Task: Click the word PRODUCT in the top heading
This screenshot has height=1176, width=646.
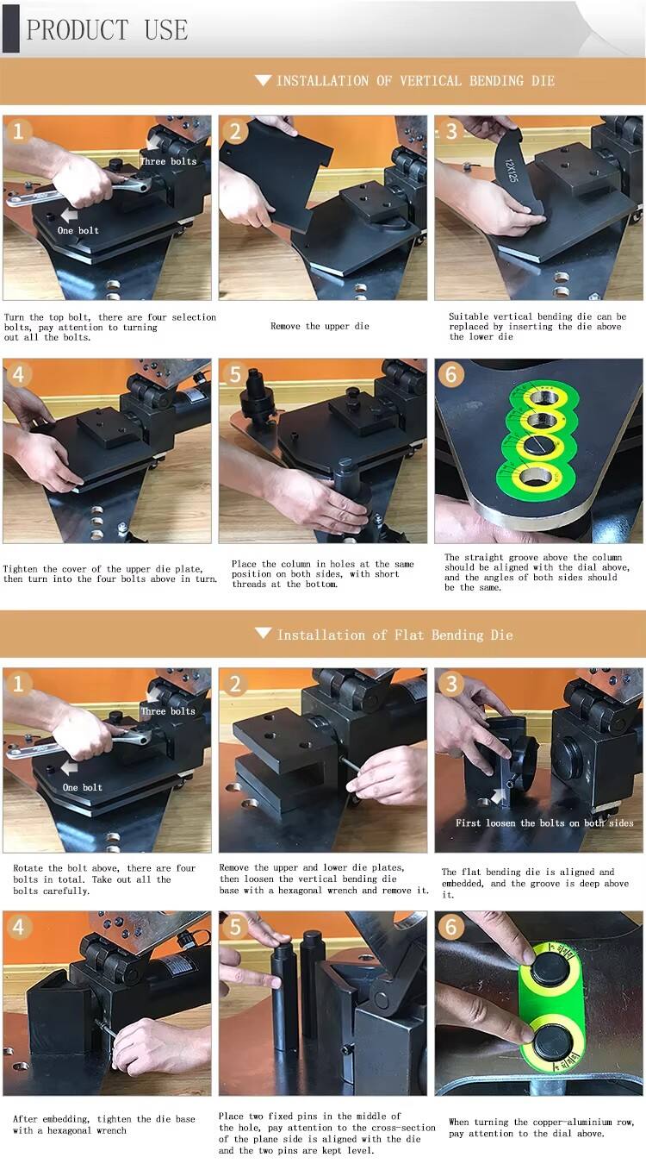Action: click(x=77, y=29)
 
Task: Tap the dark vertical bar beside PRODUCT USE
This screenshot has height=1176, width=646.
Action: click(x=11, y=28)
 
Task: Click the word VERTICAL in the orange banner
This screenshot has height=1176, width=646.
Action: click(x=431, y=81)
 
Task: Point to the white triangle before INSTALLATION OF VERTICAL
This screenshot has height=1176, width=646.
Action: click(x=263, y=80)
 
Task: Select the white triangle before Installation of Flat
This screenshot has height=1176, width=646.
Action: click(x=264, y=633)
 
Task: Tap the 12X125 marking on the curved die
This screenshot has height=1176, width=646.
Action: click(x=512, y=171)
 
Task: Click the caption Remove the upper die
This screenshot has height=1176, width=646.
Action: click(x=320, y=326)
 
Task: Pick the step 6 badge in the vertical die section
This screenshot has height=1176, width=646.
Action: click(x=451, y=375)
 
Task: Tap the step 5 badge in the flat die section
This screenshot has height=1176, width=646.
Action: click(x=235, y=927)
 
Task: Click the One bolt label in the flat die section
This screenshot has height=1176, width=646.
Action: click(x=83, y=787)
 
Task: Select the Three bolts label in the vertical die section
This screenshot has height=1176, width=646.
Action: click(x=168, y=162)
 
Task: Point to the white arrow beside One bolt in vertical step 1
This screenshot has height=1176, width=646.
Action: click(x=69, y=215)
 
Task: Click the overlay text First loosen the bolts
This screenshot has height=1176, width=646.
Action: click(x=544, y=823)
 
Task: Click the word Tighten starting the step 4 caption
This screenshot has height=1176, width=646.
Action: click(x=21, y=569)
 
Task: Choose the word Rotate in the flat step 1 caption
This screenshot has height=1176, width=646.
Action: click(x=28, y=868)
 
